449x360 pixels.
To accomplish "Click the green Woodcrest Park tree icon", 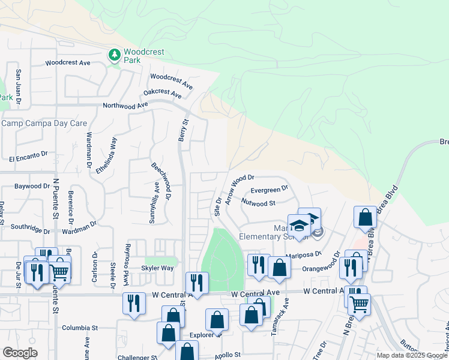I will tap(114, 55).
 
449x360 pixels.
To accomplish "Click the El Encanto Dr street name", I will tap(28, 155).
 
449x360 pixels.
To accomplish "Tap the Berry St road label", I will tap(182, 130).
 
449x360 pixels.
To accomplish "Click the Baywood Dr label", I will tap(32, 187).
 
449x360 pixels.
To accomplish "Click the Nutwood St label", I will tap(258, 203).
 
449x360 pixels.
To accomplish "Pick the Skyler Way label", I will tap(157, 268).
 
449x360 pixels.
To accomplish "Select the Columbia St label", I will tap(80, 328).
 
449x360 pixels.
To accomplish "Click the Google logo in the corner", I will tap(19, 353).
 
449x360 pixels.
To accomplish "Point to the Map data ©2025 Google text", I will tap(412, 355).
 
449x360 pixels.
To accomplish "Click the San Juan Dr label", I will tap(19, 83).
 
